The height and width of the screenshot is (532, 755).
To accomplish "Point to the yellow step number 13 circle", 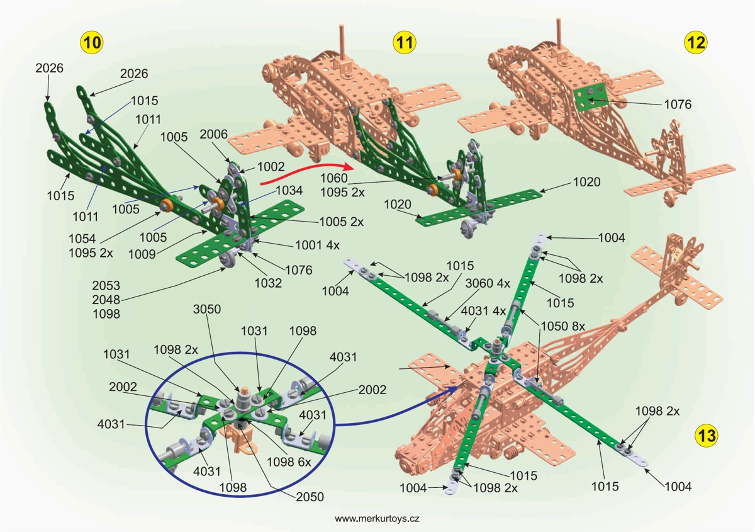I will (x=707, y=434).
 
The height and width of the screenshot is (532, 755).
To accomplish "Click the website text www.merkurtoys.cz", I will (x=377, y=519).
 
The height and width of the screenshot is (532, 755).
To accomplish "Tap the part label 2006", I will (x=213, y=134).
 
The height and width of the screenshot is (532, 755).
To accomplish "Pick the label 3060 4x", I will (x=487, y=283).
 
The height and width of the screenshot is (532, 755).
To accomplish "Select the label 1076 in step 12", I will (x=678, y=105).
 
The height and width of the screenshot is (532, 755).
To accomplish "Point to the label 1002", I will (x=271, y=167).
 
